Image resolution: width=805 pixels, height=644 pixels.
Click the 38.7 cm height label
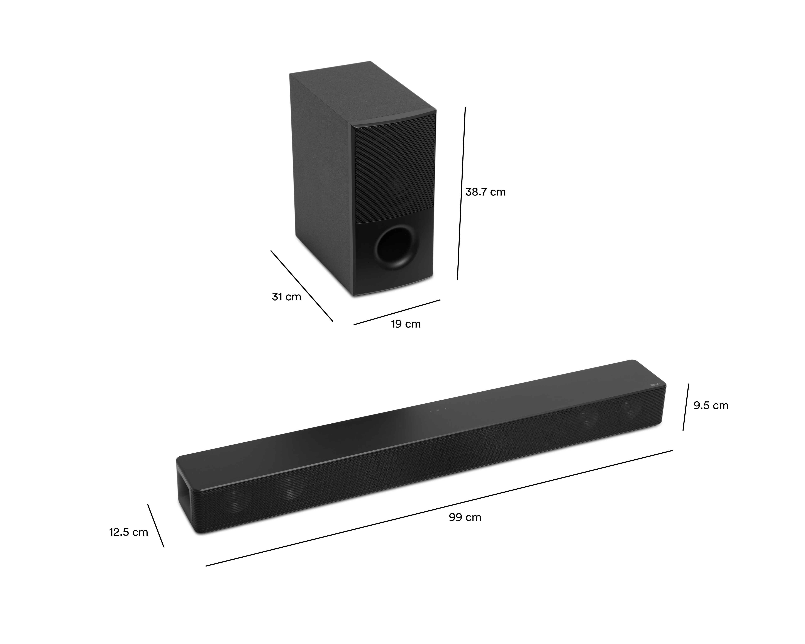[x=485, y=192]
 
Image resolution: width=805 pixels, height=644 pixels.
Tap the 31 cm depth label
[x=286, y=297]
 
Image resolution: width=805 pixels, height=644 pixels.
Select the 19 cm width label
[x=406, y=324]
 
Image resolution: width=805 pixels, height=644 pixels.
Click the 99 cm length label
[x=465, y=518]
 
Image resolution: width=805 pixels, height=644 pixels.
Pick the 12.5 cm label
[x=128, y=532]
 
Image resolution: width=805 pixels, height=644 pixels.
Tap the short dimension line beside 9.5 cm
[x=686, y=407]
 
